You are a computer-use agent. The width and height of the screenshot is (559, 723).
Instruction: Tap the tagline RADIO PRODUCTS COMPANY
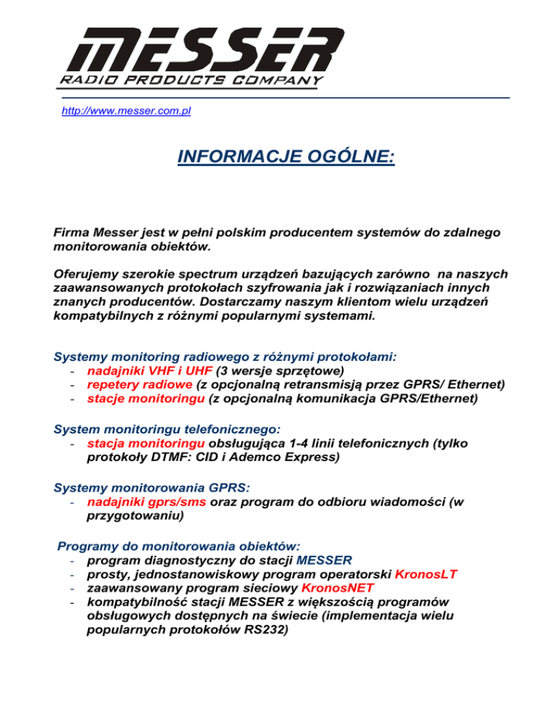190,79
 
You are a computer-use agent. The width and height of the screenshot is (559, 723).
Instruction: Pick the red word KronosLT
426,575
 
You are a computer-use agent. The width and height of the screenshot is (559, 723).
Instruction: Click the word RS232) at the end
265,632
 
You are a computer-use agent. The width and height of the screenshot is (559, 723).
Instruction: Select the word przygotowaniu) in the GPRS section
135,516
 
